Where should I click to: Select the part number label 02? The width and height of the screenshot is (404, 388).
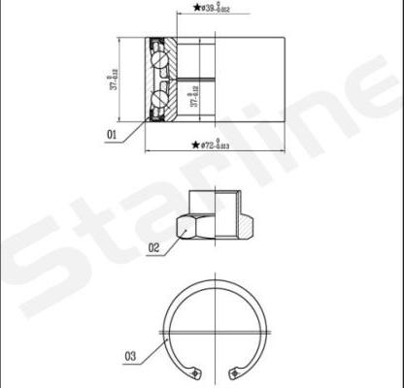(152, 247)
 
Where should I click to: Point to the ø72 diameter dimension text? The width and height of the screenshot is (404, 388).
(215, 145)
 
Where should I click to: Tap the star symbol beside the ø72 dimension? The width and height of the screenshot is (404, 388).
(194, 145)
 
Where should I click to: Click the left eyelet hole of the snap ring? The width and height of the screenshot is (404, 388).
(197, 373)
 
